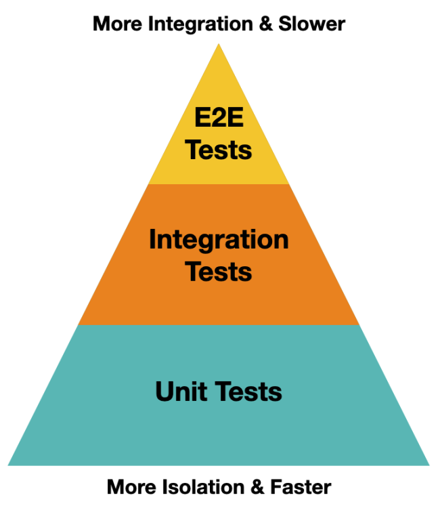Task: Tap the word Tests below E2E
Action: tap(219, 150)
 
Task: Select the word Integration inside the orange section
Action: tap(219, 240)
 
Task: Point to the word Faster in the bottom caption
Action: tap(303, 487)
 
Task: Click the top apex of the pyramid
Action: tap(219, 45)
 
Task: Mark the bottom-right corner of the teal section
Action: tap(429, 465)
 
